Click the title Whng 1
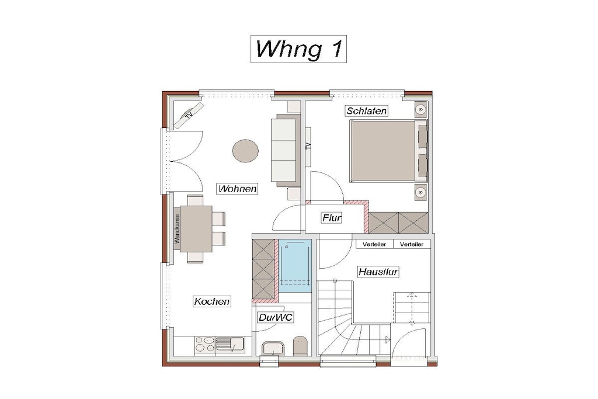click(298, 49)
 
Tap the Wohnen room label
click(237, 189)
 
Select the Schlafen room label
click(367, 111)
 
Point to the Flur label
click(332, 218)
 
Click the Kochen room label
click(211, 301)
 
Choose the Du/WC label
click(276, 317)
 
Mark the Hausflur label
click(378, 272)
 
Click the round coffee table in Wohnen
click(245, 151)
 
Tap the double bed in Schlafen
click(388, 151)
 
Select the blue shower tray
click(295, 266)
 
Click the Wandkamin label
click(176, 229)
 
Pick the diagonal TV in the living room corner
click(189, 115)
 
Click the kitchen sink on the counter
click(230, 345)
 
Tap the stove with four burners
click(205, 345)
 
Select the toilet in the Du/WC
click(300, 346)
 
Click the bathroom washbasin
click(273, 349)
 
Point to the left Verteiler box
click(374, 244)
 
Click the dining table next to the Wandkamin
click(196, 229)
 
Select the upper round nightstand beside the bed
click(420, 110)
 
